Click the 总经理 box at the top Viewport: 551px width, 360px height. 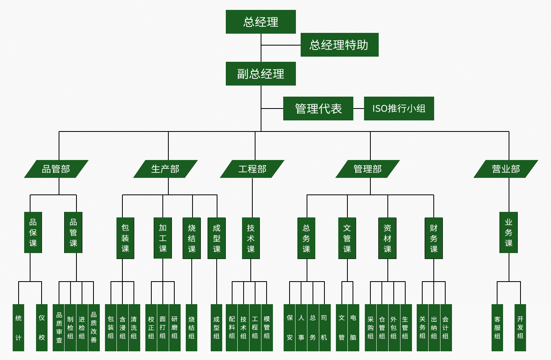[261, 22]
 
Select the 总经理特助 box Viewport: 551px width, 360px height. [339, 45]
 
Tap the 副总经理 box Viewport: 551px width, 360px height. [261, 74]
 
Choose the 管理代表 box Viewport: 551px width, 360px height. [318, 109]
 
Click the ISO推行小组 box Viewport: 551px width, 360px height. [399, 109]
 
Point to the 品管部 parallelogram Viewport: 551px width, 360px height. [56, 169]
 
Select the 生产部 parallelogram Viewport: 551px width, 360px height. [166, 169]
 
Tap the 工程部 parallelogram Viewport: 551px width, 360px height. [252, 169]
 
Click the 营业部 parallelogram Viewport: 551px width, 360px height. [506, 169]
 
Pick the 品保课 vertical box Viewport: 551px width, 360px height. [33, 232]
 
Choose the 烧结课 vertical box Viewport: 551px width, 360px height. [192, 238]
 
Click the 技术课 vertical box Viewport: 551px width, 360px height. [251, 238]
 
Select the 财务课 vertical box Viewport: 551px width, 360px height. [434, 238]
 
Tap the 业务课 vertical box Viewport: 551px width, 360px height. [509, 232]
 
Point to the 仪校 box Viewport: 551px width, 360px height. [42, 328]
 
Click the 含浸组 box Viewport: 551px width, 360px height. [122, 328]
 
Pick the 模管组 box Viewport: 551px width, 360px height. [267, 328]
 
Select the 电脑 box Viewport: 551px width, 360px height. [353, 328]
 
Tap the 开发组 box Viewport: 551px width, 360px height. [520, 328]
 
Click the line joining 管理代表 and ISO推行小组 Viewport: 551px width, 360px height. [358, 109]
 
